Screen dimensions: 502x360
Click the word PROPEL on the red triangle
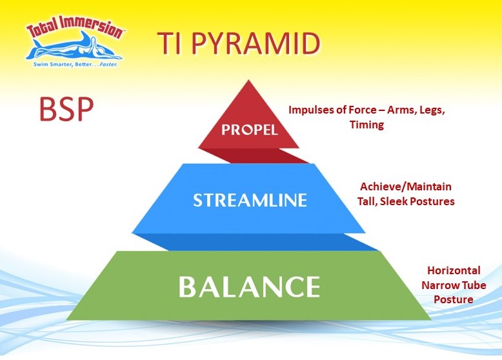tap(250, 130)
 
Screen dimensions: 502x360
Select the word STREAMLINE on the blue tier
tap(250, 200)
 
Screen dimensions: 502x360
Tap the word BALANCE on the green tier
tap(249, 286)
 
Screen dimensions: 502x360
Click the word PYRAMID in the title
tap(256, 43)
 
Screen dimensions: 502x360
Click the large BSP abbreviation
tap(66, 109)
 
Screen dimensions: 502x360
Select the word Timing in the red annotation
tap(366, 125)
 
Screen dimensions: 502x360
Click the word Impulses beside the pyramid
tap(309, 110)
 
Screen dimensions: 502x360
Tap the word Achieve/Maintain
tap(406, 186)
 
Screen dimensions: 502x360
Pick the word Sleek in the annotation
tap(394, 201)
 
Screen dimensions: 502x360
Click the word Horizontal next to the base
tap(454, 270)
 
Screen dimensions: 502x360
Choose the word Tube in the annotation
tap(474, 285)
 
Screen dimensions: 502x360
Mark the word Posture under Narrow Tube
tap(454, 299)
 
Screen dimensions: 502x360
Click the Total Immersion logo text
tap(75, 26)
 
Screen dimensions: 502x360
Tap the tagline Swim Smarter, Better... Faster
tap(76, 65)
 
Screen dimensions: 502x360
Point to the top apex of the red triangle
tap(249, 80)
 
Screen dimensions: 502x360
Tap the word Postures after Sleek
tap(432, 201)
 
